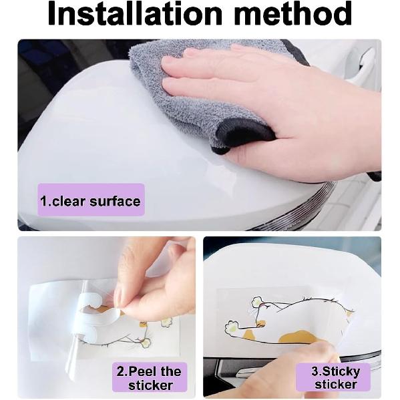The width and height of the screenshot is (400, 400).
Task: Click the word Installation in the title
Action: pyautogui.click(x=135, y=13)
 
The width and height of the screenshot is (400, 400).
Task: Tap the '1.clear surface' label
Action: pyautogui.click(x=91, y=201)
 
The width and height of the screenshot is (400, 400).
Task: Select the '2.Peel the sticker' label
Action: pyautogui.click(x=150, y=377)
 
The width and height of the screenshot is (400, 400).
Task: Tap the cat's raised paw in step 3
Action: pyautogui.click(x=257, y=302)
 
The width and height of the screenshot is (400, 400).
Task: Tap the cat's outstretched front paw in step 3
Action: pyautogui.click(x=232, y=327)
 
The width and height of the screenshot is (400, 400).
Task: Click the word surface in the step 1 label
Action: pyautogui.click(x=115, y=201)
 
